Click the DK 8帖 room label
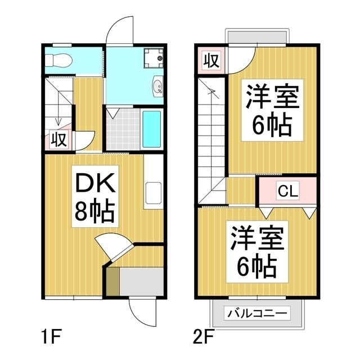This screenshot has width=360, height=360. pyautogui.click(x=94, y=196)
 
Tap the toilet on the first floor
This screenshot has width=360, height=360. pyautogui.click(x=57, y=58)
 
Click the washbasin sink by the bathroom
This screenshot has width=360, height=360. pyautogui.click(x=158, y=87)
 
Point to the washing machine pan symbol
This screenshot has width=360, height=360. pyautogui.click(x=152, y=57)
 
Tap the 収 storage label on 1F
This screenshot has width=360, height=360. pyautogui.click(x=59, y=139)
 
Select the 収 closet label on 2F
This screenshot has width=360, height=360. pyautogui.click(x=211, y=60)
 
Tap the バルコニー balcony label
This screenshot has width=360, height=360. pyautogui.click(x=258, y=313)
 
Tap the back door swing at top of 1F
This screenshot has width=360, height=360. pyautogui.click(x=119, y=31)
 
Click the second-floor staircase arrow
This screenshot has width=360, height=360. pyautogui.click(x=213, y=96)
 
